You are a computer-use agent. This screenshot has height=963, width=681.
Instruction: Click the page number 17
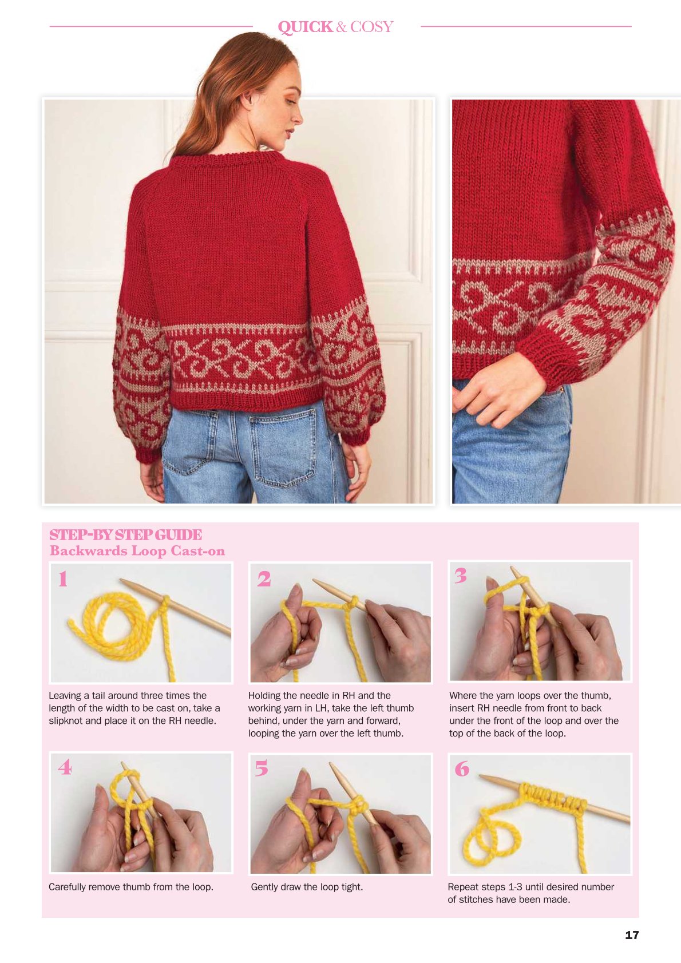[632, 934]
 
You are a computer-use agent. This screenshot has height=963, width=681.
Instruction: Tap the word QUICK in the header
[305, 27]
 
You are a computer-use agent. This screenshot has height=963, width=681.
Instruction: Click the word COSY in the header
[371, 27]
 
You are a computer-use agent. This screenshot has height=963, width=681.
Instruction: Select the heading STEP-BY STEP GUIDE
[125, 535]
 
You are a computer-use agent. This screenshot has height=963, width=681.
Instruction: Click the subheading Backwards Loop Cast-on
[137, 550]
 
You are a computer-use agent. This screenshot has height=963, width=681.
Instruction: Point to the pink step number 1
[63, 578]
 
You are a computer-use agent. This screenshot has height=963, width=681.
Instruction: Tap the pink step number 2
[264, 578]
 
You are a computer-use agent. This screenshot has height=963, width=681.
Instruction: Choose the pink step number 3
[461, 576]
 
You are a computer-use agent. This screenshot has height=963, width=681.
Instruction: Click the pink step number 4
[65, 767]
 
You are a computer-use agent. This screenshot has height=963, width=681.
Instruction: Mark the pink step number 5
[262, 768]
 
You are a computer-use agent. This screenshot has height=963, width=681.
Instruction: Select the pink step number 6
[462, 768]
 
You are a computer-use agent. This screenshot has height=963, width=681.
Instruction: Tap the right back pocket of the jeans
[282, 447]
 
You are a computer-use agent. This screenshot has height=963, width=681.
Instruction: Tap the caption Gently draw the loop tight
[307, 887]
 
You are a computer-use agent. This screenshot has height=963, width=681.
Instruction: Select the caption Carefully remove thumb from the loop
[130, 887]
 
